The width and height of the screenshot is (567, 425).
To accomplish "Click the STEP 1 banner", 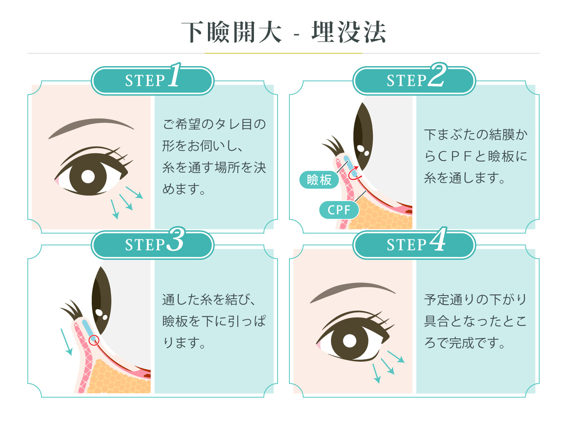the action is [152, 81].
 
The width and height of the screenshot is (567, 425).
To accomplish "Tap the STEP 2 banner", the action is [414, 81].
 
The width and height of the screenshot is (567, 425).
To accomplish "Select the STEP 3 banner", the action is [152, 245].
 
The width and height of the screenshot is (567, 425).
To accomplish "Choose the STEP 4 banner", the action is [414, 245].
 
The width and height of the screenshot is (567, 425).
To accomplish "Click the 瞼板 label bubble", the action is [319, 179].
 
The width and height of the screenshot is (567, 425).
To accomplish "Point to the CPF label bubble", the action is [339, 210].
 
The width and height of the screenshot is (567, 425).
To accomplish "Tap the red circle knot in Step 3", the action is [94, 340].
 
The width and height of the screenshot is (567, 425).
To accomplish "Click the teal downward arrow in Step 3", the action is [67, 342].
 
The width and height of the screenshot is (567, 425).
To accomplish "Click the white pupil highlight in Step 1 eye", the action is [88, 177].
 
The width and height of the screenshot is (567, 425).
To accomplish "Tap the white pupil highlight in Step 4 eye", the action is [350, 341].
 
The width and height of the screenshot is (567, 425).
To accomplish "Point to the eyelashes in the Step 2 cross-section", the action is [333, 146].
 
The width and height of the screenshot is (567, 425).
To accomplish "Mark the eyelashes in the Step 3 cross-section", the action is [72, 310].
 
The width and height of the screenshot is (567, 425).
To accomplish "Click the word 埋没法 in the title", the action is [349, 32].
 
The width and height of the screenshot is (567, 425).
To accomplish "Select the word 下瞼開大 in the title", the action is [232, 32].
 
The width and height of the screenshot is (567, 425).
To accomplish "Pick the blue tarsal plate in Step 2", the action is [350, 166].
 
